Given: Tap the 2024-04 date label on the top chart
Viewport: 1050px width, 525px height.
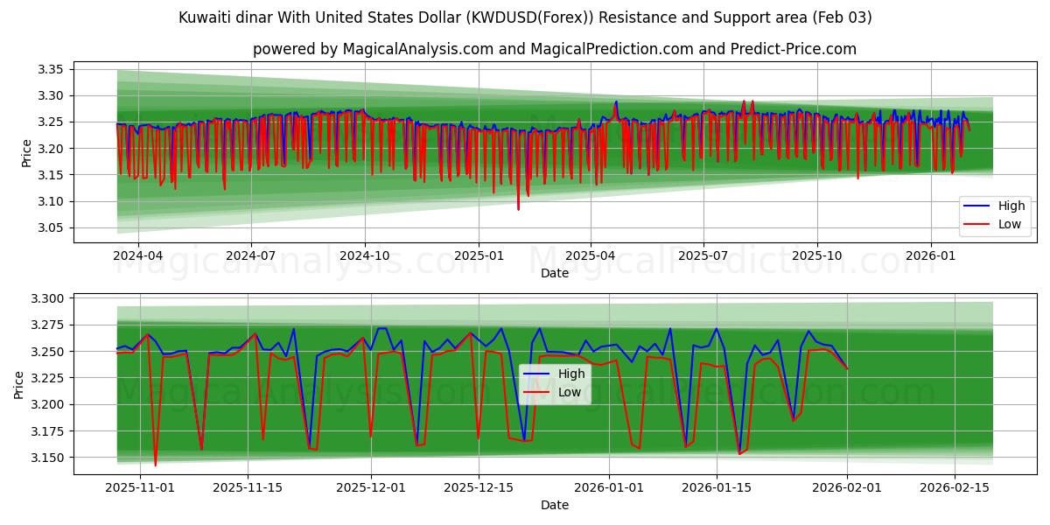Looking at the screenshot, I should pyautogui.click(x=137, y=256).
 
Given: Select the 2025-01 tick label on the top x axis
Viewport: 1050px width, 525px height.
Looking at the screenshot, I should pyautogui.click(x=478, y=256).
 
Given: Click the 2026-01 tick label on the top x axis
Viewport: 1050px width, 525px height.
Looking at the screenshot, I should pyautogui.click(x=930, y=256).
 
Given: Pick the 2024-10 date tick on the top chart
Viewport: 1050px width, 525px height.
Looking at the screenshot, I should pyautogui.click(x=364, y=256).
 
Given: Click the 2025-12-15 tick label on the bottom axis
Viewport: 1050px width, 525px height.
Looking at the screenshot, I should pyautogui.click(x=478, y=487).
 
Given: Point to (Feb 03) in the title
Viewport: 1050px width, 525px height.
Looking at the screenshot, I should pyautogui.click(x=841, y=17).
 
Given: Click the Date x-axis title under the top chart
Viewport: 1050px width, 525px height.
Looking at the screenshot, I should pyautogui.click(x=554, y=273).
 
